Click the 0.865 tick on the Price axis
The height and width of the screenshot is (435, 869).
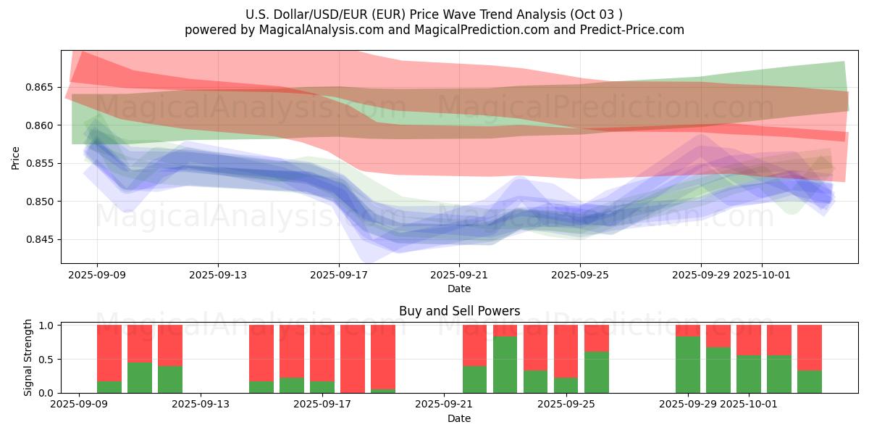tap(43, 87)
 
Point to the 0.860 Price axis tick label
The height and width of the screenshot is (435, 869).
tap(43, 125)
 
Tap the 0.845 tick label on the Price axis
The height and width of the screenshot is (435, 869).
tap(43, 239)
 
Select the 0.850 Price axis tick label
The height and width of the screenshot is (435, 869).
tap(43, 202)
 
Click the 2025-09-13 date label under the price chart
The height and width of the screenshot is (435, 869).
tap(218, 275)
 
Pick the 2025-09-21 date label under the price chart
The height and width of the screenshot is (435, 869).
tap(459, 275)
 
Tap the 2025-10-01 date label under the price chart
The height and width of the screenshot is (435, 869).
tap(762, 275)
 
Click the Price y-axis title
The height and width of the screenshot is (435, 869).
tap(16, 157)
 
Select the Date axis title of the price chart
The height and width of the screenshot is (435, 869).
tap(459, 289)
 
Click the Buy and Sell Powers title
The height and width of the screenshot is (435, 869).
tap(459, 311)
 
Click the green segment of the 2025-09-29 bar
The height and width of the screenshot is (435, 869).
tap(688, 365)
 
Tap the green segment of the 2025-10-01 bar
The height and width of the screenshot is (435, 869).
tap(749, 374)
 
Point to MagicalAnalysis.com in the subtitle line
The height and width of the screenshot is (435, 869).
tap(315, 30)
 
